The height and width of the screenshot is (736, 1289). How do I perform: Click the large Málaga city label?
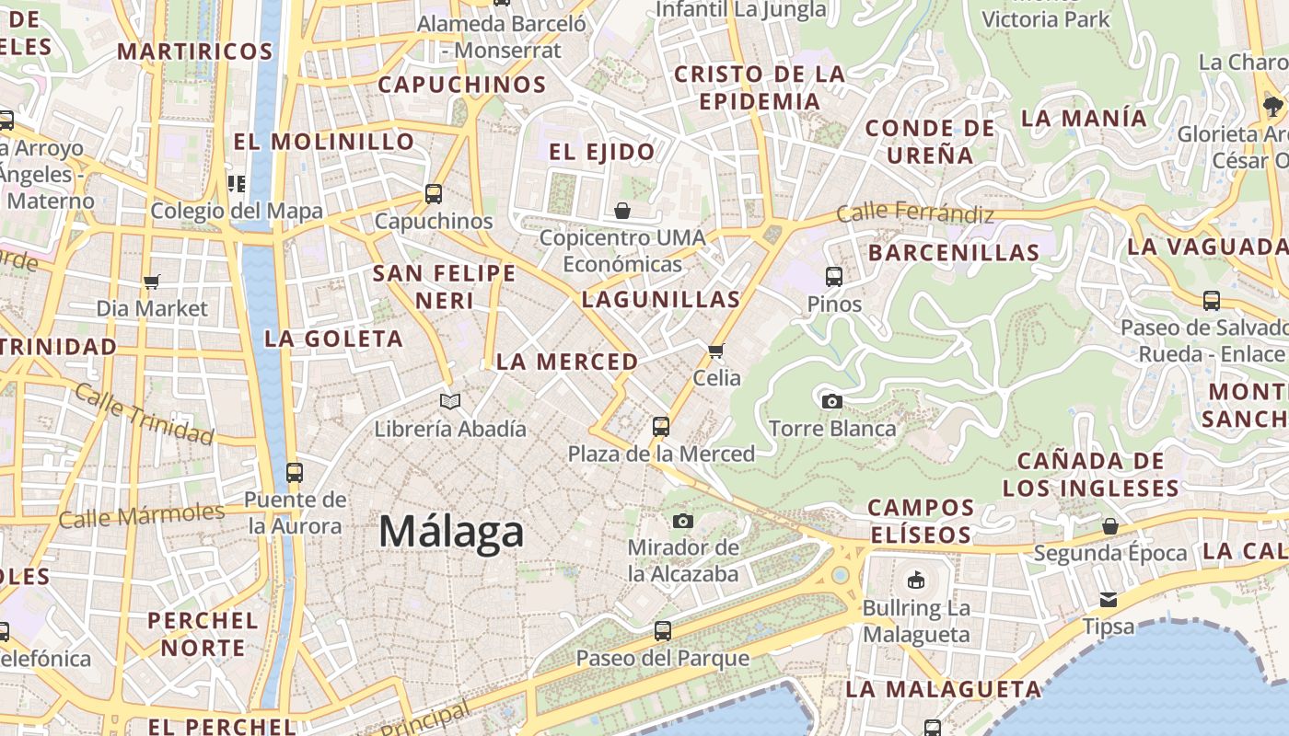tap(451, 533)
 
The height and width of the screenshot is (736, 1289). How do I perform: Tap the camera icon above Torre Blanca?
tap(831, 401)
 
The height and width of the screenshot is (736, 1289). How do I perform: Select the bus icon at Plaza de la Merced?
tap(661, 426)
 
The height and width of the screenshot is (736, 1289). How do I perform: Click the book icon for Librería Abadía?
tap(449, 401)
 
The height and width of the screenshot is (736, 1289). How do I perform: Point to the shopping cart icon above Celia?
tap(716, 351)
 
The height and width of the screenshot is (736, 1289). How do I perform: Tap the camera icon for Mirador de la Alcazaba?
tap(682, 521)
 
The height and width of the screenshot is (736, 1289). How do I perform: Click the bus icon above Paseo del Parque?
tap(662, 631)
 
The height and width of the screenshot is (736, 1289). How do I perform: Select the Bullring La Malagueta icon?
tap(915, 581)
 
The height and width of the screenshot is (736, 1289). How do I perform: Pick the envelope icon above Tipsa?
tap(1109, 600)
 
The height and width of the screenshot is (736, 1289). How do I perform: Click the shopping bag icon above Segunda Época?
tap(1110, 526)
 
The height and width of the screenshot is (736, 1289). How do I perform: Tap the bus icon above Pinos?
tap(834, 276)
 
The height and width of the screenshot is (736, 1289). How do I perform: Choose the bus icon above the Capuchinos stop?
tap(434, 194)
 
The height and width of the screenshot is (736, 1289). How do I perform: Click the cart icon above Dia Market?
tap(152, 282)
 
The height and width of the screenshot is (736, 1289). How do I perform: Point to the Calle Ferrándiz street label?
tap(915, 214)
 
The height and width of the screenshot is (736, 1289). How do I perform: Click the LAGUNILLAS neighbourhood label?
tap(661, 299)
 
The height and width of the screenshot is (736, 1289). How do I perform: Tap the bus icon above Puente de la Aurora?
tap(295, 473)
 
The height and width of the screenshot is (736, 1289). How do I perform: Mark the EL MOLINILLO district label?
tap(324, 142)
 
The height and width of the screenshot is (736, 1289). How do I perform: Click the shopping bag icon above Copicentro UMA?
tap(622, 211)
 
